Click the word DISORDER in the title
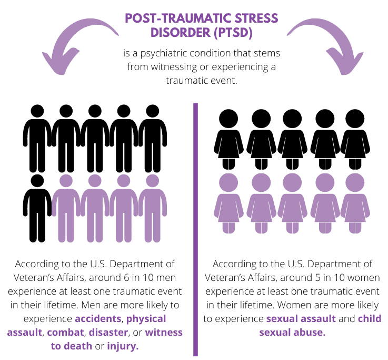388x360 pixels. pos(181,33)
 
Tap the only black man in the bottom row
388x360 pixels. pos(37,208)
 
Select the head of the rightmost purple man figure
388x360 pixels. pos(153,181)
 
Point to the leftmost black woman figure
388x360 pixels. pos(228,139)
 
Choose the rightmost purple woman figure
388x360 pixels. pos(355,203)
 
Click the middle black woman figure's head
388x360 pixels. pos(292,119)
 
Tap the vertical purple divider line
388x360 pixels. pos(195,229)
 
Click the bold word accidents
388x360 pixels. pos(98,318)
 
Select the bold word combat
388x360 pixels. pos(65,333)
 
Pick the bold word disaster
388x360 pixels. pos(108,333)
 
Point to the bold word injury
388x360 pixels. pos(123,346)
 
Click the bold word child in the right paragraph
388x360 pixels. pos(370,318)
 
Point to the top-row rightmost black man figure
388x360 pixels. pos(153,139)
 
